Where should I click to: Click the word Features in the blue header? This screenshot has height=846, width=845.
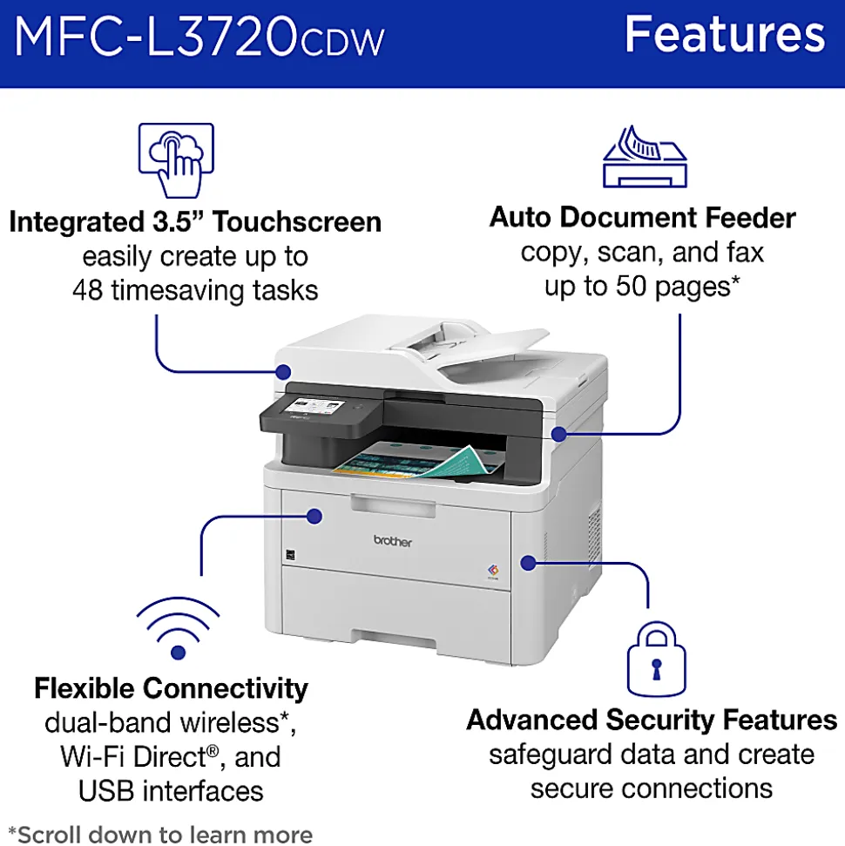click(725, 34)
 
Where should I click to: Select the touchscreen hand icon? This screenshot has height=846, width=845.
click(177, 160)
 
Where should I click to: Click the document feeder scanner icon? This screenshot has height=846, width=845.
click(645, 157)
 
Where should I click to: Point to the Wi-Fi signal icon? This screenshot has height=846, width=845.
click(178, 627)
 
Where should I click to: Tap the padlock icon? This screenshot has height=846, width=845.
click(657, 659)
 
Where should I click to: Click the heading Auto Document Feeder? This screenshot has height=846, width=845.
click(643, 218)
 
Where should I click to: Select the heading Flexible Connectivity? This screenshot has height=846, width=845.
click(171, 688)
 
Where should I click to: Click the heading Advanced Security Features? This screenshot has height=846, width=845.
click(652, 721)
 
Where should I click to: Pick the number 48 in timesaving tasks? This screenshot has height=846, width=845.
click(87, 290)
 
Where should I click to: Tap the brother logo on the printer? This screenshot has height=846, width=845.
click(392, 541)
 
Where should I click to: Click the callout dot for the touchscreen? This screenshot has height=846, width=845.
click(283, 372)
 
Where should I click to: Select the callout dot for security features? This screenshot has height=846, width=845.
click(528, 564)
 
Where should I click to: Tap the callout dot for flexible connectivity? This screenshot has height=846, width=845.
click(314, 517)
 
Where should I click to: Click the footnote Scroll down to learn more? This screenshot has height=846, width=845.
click(160, 834)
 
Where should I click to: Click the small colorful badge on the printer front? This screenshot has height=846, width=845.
click(493, 571)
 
